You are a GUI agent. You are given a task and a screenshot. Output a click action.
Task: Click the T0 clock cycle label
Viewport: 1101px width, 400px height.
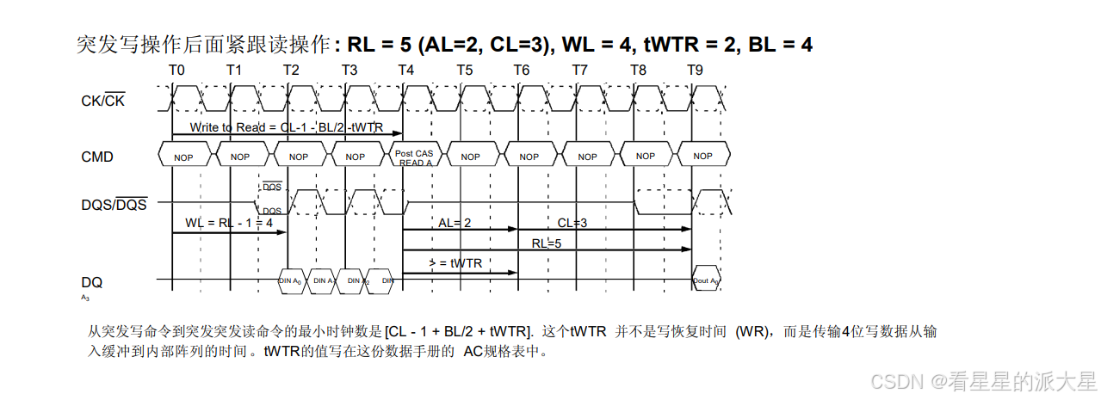point(176,70)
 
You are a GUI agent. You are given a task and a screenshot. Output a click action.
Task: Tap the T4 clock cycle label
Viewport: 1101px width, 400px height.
point(407,70)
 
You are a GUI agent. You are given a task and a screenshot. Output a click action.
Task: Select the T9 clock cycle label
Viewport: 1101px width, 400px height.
point(696,70)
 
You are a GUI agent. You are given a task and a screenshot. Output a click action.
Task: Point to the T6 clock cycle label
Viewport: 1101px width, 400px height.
point(523,70)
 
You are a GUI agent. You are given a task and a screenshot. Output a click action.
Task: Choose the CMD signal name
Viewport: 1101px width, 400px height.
point(97,157)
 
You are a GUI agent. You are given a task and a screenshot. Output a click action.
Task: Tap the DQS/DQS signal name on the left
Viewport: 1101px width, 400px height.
point(114,204)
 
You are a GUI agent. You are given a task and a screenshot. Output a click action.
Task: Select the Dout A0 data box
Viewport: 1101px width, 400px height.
point(706,280)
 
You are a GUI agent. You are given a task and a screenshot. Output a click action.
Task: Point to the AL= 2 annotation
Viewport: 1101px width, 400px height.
point(455,223)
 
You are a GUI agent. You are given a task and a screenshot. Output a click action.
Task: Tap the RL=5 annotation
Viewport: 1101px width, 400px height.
point(546,243)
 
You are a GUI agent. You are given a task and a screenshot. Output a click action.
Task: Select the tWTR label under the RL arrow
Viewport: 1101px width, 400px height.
point(455,263)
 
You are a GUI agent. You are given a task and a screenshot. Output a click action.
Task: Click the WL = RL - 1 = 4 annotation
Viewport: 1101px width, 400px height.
point(228,223)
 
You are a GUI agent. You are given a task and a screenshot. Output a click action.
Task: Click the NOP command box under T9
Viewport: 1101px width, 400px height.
point(702,157)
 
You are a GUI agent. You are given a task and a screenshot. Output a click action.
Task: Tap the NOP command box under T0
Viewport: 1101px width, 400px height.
point(183,157)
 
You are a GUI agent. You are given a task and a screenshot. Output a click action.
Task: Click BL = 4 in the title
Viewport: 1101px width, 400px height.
point(780,45)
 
